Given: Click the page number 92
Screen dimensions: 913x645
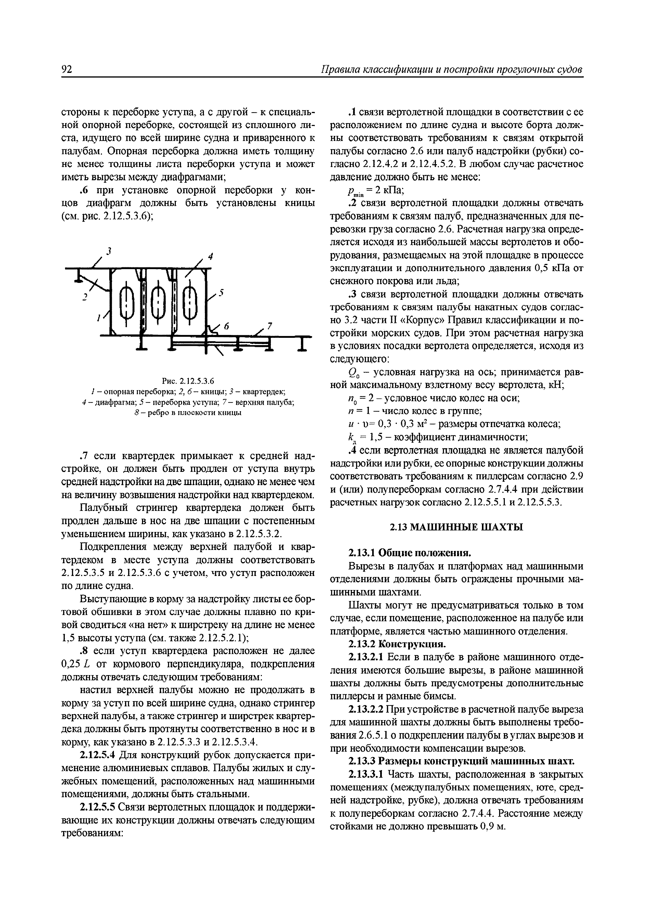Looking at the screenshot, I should [x=67, y=69].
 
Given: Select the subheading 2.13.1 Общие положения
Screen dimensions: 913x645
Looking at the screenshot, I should [x=409, y=553].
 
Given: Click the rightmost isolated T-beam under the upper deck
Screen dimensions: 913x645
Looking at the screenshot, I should [x=303, y=343].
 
